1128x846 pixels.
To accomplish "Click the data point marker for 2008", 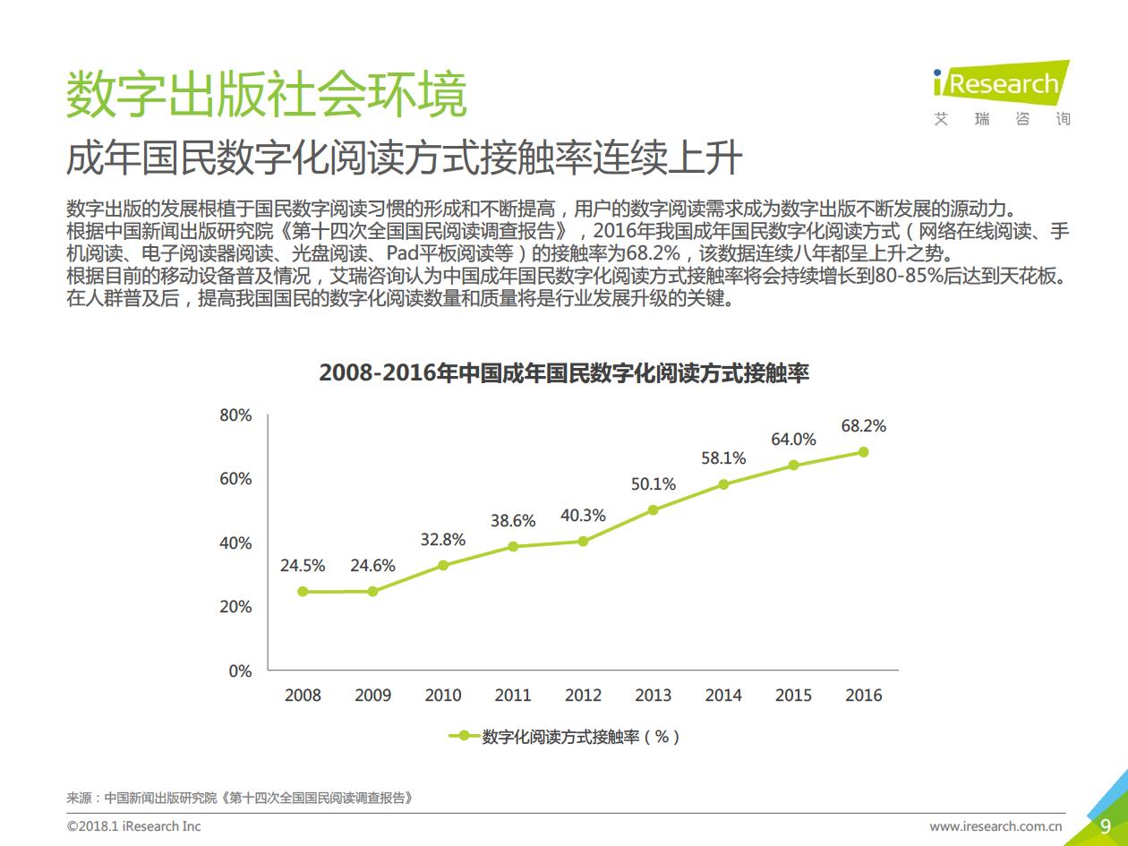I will point(303,592).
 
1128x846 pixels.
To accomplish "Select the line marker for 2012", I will point(583,542).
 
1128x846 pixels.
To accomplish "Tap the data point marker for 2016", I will point(863,452).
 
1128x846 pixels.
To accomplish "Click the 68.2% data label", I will point(863,426).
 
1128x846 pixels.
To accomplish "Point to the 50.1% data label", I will point(653,484).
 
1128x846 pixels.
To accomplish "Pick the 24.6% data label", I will point(372,566).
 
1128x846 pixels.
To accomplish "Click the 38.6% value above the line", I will point(513,521).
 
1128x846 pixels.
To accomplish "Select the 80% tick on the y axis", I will point(235,415).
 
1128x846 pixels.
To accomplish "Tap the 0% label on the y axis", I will point(240,671).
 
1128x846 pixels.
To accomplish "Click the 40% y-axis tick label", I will point(235,543).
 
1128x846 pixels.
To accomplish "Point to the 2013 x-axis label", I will point(653,696).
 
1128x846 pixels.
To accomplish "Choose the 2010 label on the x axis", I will point(443,696).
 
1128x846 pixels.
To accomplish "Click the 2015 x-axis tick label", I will point(793,696).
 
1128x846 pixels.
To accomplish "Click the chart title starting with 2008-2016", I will point(564,373).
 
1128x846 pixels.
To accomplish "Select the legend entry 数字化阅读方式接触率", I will point(573,737).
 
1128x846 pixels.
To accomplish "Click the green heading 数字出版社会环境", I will point(267,93).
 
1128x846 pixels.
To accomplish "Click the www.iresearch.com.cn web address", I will point(996,826).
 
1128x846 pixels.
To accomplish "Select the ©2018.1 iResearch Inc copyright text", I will point(134,826).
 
